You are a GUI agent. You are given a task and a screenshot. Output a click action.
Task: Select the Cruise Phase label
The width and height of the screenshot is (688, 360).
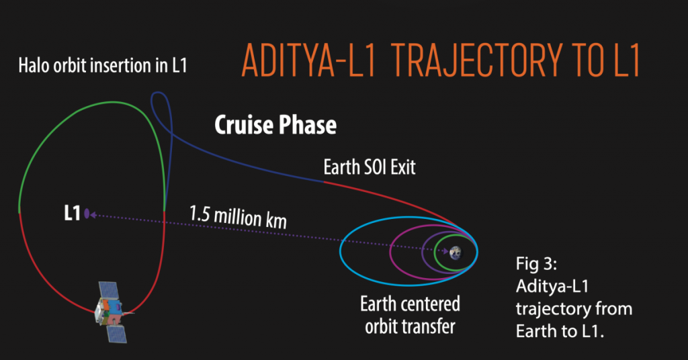[275, 125]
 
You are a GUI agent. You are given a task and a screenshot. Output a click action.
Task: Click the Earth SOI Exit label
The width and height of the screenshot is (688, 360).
[370, 167]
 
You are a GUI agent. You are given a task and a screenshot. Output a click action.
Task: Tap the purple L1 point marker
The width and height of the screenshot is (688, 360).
[87, 214]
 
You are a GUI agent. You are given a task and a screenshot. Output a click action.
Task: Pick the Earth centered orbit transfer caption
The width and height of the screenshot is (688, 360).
[411, 314]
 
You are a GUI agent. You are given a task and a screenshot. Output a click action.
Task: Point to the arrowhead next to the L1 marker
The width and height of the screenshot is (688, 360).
[95, 215]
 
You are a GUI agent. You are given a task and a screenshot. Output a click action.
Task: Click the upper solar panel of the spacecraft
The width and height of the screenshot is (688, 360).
[109, 290]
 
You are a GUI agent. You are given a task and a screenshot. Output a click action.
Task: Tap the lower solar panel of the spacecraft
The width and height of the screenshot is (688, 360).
[116, 331]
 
